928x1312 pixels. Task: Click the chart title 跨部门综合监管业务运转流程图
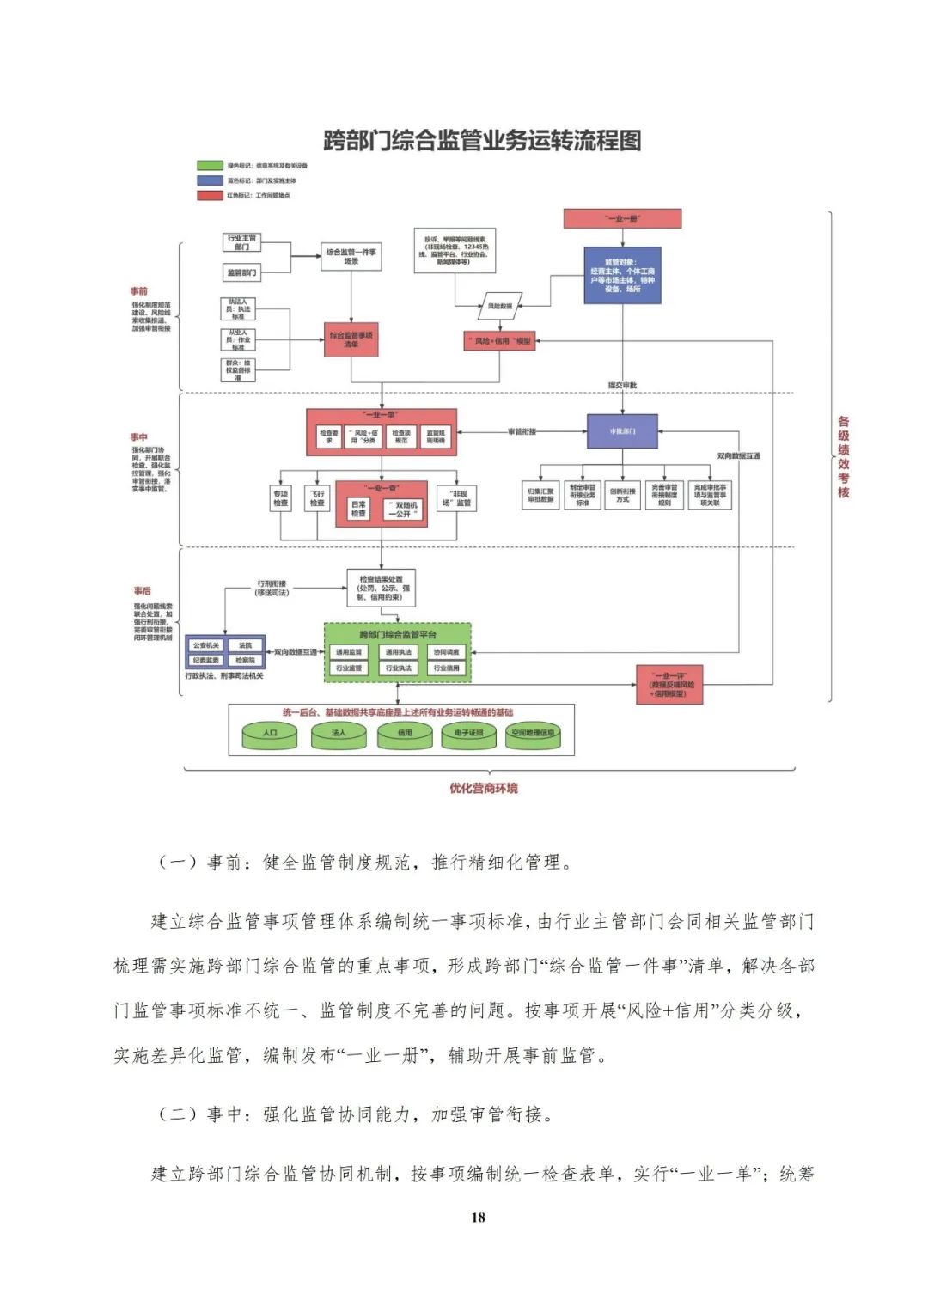(x=482, y=140)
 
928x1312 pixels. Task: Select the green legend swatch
(x=210, y=165)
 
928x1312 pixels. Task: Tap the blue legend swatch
(x=210, y=180)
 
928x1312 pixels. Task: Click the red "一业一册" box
(x=622, y=218)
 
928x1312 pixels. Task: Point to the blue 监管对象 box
(x=622, y=275)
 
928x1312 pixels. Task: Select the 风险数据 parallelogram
(x=500, y=306)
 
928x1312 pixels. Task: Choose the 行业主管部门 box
(x=241, y=242)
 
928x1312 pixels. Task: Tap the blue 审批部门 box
(x=622, y=431)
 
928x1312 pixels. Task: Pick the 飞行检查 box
(x=317, y=498)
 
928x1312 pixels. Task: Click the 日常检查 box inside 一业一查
(x=358, y=509)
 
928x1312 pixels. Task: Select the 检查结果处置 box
(x=381, y=588)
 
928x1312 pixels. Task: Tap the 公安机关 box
(x=206, y=645)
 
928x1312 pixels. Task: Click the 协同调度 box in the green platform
(x=446, y=652)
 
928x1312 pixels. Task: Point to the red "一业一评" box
(x=669, y=685)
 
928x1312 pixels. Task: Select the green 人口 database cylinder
(x=270, y=735)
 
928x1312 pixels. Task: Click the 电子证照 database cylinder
(x=469, y=735)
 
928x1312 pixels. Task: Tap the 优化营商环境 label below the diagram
(x=484, y=788)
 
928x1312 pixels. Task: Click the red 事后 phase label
(x=143, y=590)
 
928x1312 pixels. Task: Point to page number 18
(x=478, y=1217)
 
